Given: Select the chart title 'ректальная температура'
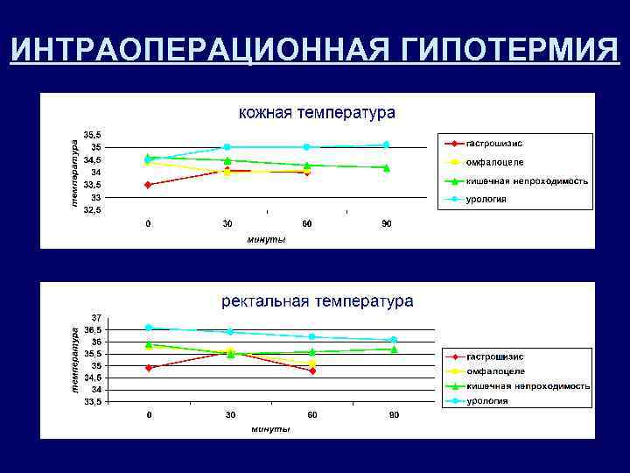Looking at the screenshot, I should [x=317, y=301].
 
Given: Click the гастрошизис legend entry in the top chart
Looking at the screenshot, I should [x=494, y=143].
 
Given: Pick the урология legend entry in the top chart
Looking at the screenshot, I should [x=486, y=199].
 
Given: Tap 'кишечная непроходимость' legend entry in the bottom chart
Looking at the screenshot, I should [x=528, y=385].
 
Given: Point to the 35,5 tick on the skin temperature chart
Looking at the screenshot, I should [x=92, y=135].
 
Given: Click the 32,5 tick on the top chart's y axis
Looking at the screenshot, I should [x=92, y=210].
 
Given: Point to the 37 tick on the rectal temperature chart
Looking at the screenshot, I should [x=96, y=317].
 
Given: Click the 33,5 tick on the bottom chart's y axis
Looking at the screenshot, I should [x=92, y=401].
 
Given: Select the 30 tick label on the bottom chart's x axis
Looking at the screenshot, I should [x=229, y=414].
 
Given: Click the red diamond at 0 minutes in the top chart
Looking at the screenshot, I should [x=148, y=185].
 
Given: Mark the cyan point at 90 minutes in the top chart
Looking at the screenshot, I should [x=386, y=145].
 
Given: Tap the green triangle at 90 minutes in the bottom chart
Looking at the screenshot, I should [x=394, y=349].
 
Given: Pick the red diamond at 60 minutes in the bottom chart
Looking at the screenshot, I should [x=312, y=371].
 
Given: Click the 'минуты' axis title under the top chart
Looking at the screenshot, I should [x=266, y=239].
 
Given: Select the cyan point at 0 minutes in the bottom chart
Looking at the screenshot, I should [x=148, y=328].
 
